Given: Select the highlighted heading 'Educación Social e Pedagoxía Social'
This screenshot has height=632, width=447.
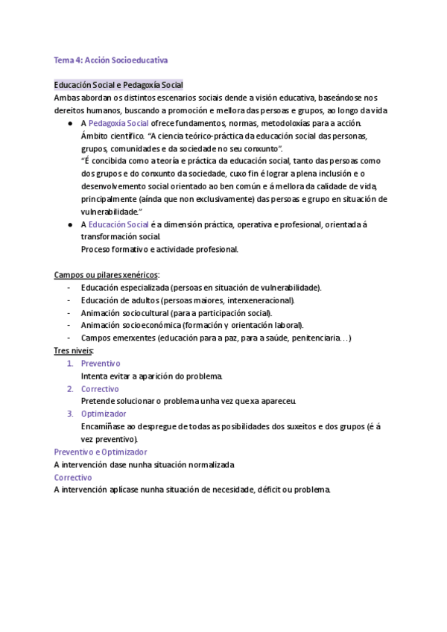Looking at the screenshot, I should (118, 85).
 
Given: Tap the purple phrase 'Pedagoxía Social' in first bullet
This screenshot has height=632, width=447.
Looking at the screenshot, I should (118, 123).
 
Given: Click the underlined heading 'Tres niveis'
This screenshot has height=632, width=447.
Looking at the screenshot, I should (73, 350).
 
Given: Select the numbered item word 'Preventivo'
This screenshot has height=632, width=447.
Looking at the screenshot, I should (101, 363).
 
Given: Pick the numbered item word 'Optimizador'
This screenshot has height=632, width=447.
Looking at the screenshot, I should (104, 414).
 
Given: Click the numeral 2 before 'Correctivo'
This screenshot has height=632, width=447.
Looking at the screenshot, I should (69, 388).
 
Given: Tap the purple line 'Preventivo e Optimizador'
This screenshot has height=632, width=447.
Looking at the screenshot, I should (101, 452).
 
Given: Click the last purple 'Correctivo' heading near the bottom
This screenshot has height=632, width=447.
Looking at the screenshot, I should (73, 477).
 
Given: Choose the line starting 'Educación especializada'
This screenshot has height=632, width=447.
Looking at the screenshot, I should (201, 287).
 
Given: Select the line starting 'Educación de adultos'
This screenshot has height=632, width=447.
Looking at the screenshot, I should (188, 300).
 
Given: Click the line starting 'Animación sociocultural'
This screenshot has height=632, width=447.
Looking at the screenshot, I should (177, 312).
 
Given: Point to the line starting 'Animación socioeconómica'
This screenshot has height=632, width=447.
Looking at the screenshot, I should (192, 325).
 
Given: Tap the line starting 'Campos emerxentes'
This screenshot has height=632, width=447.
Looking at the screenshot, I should (216, 338).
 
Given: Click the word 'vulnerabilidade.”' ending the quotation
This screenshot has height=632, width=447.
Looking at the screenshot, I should (111, 212).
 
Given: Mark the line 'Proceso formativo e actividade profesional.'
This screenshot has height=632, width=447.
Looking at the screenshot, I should (159, 249).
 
